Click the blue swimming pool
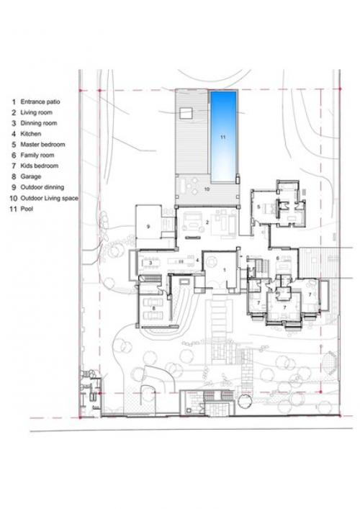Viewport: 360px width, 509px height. [x=223, y=137]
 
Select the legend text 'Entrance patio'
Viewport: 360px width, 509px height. [x=40, y=102]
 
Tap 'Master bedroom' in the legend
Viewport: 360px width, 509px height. [x=43, y=145]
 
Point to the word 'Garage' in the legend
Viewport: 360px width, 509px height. [x=31, y=176]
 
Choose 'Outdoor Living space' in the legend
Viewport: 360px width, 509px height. [x=50, y=198]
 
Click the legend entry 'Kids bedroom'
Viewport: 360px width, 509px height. [x=40, y=166]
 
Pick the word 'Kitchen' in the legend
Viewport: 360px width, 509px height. [x=31, y=134]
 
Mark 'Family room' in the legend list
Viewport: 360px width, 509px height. [x=37, y=156]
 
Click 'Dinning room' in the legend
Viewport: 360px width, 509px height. [x=39, y=123]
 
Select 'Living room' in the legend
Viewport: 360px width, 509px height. [x=36, y=112]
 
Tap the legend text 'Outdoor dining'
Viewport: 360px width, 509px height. [x=42, y=187]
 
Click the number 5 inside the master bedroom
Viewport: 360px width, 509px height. [x=258, y=207]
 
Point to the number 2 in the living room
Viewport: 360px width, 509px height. [x=207, y=222]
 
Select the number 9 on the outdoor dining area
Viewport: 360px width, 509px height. [x=148, y=227]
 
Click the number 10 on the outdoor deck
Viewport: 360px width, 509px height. [x=207, y=189]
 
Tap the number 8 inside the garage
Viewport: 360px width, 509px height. [x=154, y=307]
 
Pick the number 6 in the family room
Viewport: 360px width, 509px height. [x=277, y=258]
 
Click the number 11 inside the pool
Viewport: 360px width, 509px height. [x=222, y=138]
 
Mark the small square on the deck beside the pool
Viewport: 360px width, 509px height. [x=186, y=114]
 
